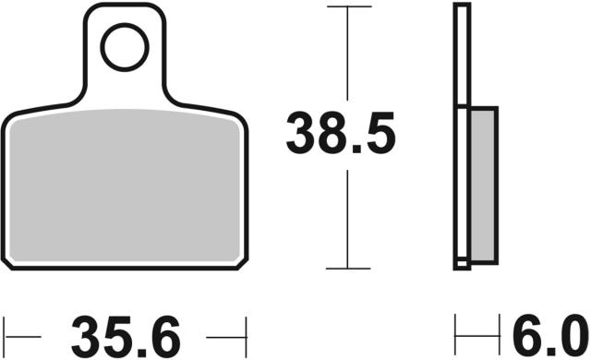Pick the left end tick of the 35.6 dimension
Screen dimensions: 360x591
pos(5,329)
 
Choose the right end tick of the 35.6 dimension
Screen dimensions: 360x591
pos(247,329)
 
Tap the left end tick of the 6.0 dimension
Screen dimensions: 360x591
pos(456,329)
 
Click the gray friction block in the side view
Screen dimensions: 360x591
pos(483,184)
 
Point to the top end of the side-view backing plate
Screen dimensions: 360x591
pos(462,7)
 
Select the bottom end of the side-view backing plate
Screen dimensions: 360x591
pos(462,267)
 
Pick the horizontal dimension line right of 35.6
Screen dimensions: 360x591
pos(226,329)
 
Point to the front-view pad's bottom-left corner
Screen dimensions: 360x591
pos(9,261)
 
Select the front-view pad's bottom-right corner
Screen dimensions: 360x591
pos(242,261)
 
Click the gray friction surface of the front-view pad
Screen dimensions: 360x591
pos(125,185)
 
